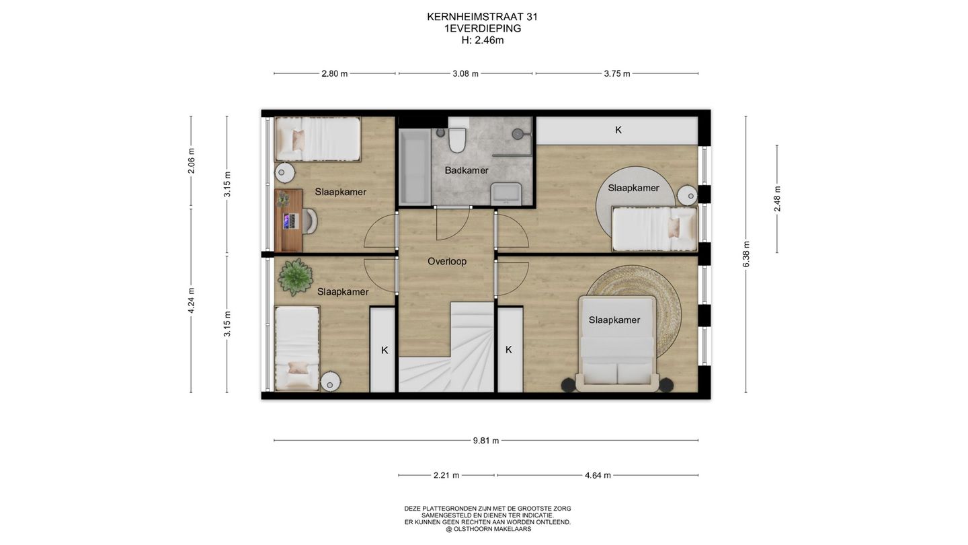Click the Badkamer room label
[x=466, y=170]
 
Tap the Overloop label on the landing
[x=446, y=261]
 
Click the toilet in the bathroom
[x=458, y=139]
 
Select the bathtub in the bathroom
[x=414, y=166]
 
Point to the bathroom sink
[x=506, y=193]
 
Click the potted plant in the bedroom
[x=295, y=277]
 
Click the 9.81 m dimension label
[x=485, y=441]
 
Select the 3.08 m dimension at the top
[x=465, y=73]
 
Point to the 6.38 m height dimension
[x=746, y=254]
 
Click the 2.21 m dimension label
[x=446, y=475]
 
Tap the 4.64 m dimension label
[x=597, y=475]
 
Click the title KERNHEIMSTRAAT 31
[x=482, y=17]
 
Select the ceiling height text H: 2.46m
[x=482, y=40]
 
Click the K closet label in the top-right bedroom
[x=618, y=130]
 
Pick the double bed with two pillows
[x=617, y=343]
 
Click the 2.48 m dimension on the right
[x=777, y=198]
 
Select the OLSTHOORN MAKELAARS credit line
[x=487, y=529]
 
